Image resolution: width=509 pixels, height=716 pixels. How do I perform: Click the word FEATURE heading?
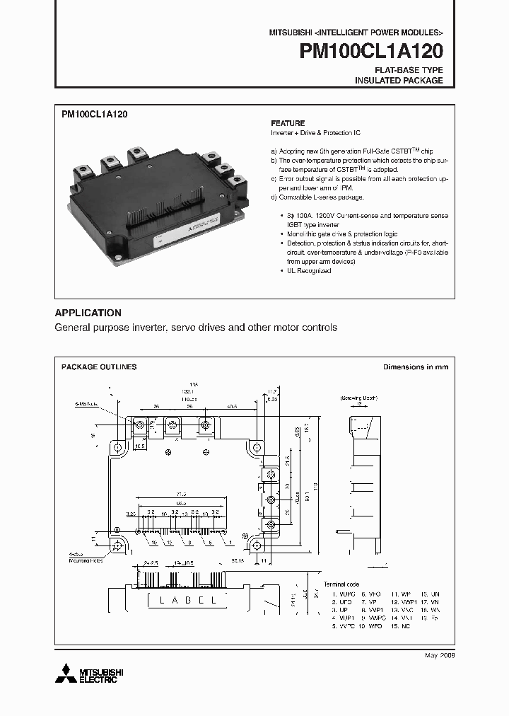(288, 123)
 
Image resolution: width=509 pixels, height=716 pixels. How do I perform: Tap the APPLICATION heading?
(88, 313)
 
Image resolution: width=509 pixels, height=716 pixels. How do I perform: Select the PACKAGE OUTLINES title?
(99, 367)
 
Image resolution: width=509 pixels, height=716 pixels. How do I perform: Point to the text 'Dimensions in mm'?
(416, 367)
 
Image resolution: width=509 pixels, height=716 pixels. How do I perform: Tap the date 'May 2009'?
(440, 656)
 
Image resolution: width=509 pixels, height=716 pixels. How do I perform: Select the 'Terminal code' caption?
(342, 583)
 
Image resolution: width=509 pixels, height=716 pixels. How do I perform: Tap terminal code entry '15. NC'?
(404, 625)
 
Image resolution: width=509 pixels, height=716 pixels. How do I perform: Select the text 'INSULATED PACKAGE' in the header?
(399, 81)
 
